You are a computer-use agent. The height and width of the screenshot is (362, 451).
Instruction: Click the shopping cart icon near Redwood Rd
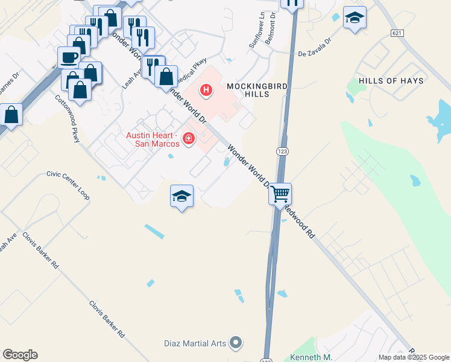tap(280, 194)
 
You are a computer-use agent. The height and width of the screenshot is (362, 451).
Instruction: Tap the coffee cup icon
tap(69, 57)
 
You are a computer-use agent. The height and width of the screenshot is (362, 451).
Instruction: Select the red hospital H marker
tap(206, 91)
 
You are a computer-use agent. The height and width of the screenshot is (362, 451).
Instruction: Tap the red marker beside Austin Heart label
tap(189, 139)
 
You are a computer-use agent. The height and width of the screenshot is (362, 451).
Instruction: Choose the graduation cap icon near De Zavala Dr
tap(355, 17)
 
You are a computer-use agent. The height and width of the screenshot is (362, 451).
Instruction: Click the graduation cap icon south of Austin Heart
tap(181, 196)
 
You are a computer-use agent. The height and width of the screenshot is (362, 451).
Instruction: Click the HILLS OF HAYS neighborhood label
tap(391, 80)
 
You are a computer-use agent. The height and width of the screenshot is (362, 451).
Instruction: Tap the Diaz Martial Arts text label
tap(195, 344)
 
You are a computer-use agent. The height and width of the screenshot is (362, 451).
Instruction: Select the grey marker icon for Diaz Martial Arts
tap(236, 343)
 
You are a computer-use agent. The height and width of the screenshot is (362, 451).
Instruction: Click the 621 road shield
tap(396, 33)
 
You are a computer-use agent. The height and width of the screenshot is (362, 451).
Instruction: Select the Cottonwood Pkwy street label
tap(68, 119)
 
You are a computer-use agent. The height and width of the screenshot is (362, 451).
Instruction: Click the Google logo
tap(20, 355)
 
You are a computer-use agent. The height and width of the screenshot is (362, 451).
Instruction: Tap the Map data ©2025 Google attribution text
tap(413, 357)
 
